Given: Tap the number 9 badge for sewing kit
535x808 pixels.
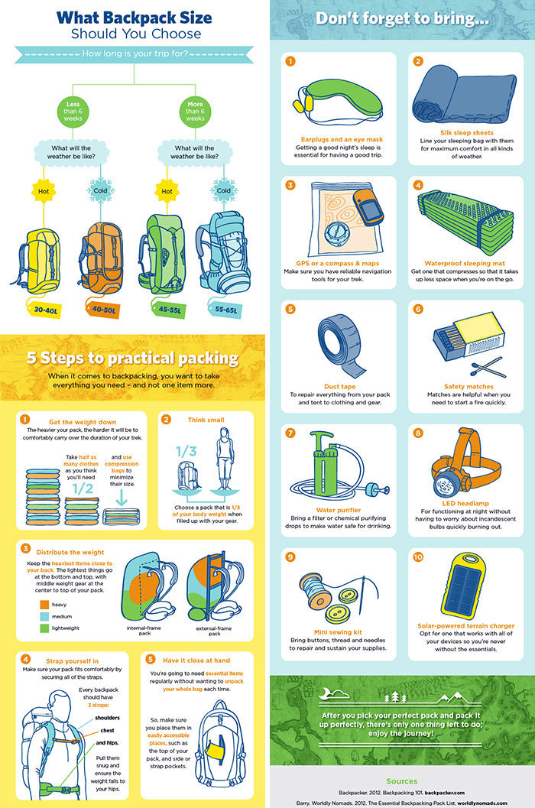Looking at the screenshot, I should tap(290, 557).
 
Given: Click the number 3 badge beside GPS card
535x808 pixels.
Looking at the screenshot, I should tap(290, 185).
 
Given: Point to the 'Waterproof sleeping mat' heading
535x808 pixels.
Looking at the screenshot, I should tap(461, 263).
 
